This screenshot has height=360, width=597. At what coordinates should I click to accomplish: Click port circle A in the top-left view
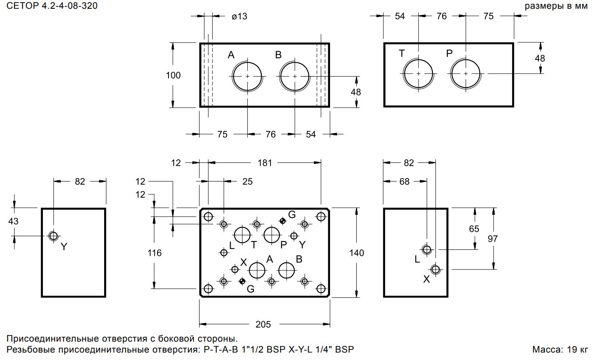[x=247, y=76]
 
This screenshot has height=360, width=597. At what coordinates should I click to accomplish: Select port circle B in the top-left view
[x=295, y=76]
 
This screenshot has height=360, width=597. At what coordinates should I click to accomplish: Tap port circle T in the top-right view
[x=418, y=73]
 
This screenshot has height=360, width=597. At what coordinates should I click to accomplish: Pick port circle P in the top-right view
[x=466, y=73]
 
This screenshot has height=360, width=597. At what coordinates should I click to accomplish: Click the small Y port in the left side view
[x=53, y=236]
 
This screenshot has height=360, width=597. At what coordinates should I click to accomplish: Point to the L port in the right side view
[x=426, y=250]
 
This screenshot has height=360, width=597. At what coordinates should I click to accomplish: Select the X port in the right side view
[x=435, y=269]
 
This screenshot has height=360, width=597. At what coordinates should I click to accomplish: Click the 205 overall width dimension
[x=263, y=324]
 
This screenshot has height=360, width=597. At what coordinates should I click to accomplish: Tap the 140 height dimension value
[x=357, y=253]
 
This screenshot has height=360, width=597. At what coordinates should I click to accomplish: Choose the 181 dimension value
[x=265, y=163]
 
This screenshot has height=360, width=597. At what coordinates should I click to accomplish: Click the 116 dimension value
[x=155, y=253]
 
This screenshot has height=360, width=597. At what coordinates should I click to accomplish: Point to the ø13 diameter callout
[x=239, y=16]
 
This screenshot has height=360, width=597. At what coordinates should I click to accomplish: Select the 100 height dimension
[x=173, y=75]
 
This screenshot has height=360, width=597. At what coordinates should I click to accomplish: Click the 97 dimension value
[x=493, y=238]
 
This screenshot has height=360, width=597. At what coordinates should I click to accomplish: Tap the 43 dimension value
[x=14, y=221]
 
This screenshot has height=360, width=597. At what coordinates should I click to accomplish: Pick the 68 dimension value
[x=404, y=181]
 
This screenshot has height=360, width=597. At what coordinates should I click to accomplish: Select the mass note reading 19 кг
[x=560, y=350]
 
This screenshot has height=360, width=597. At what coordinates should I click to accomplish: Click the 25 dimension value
[x=247, y=181]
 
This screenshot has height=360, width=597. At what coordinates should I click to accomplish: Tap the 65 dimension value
[x=474, y=229]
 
